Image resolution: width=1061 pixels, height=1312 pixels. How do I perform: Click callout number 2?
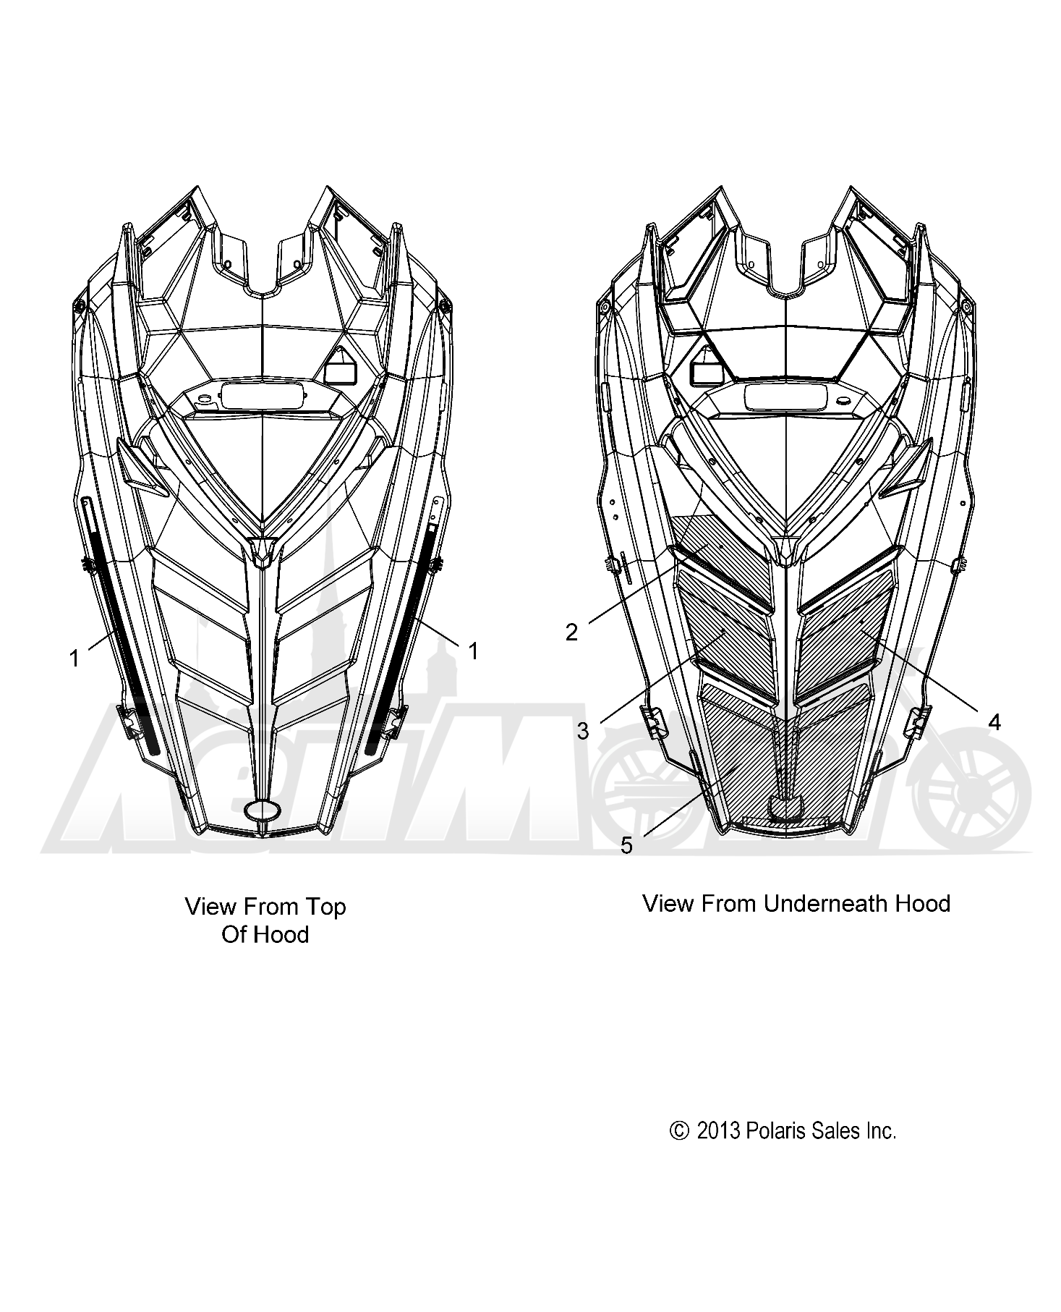(571, 632)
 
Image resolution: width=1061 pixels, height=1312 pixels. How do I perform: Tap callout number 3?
(583, 732)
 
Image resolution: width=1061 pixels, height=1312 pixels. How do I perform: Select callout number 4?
(994, 721)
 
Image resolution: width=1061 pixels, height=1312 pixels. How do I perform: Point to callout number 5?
(626, 845)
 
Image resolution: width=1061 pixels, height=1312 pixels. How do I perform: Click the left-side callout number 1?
(74, 659)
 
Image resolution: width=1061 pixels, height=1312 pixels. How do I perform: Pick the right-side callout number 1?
(473, 651)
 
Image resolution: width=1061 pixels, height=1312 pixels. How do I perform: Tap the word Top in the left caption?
(329, 907)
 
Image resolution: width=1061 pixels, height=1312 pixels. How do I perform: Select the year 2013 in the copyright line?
(719, 1131)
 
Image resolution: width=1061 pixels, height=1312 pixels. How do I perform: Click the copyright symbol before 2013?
(679, 1131)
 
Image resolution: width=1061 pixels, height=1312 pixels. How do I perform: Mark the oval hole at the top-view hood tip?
(263, 810)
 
